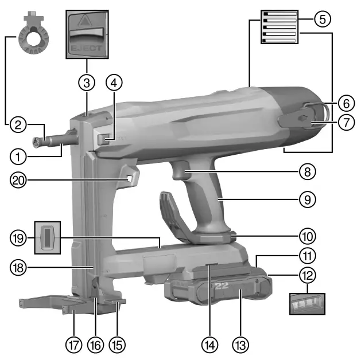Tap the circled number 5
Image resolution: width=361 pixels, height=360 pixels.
323,19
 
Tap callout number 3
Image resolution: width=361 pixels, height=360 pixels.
87,82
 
